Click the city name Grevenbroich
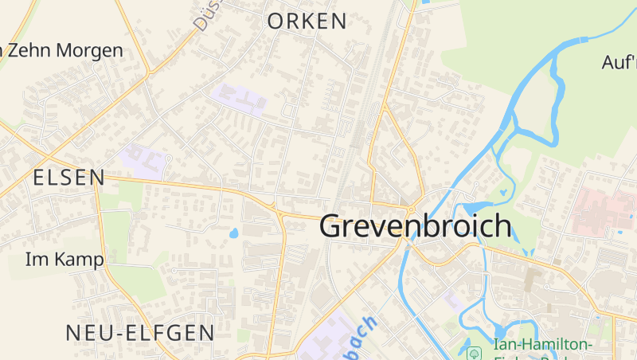(415, 226)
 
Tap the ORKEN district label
(307, 22)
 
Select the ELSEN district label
(69, 178)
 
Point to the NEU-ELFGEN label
(140, 332)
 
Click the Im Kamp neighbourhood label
(64, 260)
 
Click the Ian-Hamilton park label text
(544, 344)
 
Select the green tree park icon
(475, 351)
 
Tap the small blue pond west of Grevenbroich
(233, 234)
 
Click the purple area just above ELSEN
(144, 160)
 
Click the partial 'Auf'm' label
(619, 62)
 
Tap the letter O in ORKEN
(276, 22)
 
